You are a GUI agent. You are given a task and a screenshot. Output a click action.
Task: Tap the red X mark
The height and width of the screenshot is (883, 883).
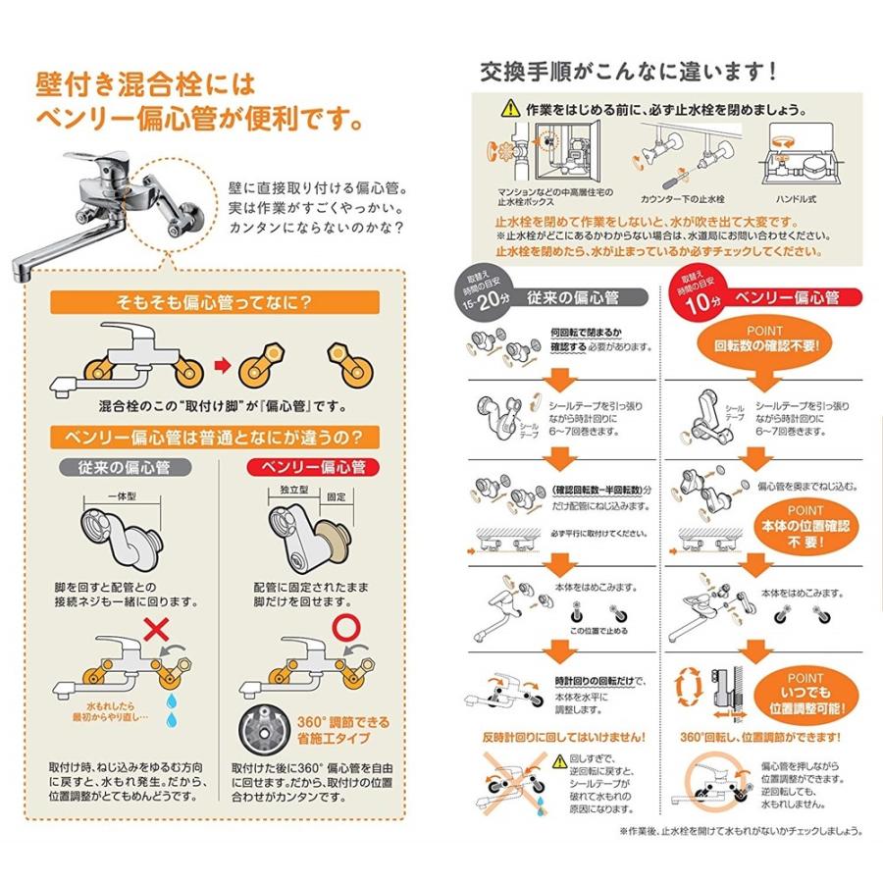pyautogui.click(x=153, y=629)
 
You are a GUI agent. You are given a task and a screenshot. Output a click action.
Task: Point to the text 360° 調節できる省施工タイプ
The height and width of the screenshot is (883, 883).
pyautogui.click(x=337, y=729)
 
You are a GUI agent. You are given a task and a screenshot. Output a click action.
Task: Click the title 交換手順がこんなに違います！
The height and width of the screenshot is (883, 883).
pyautogui.click(x=628, y=71)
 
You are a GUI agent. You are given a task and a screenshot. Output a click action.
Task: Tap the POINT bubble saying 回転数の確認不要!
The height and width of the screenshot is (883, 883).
pyautogui.click(x=766, y=338)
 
